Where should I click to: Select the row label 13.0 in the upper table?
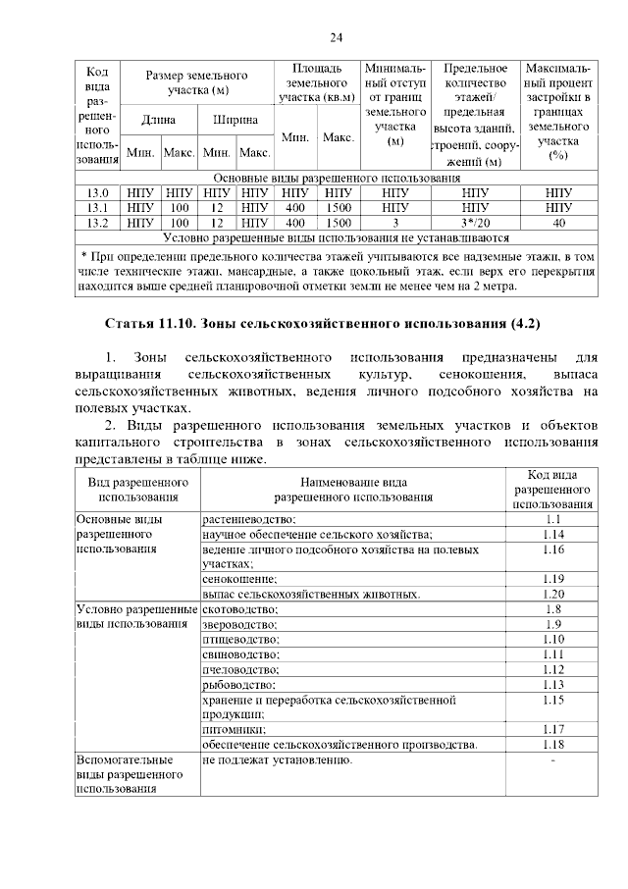click(x=97, y=193)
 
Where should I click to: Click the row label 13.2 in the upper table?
click(x=97, y=223)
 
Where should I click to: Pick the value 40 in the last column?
click(x=558, y=223)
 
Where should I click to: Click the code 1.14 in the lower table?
click(x=552, y=534)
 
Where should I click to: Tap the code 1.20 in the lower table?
click(x=552, y=594)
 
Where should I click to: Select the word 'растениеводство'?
click(x=249, y=519)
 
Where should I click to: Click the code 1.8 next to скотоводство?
click(x=552, y=609)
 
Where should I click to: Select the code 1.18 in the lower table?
click(x=552, y=745)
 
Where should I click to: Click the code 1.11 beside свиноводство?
click(x=552, y=654)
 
